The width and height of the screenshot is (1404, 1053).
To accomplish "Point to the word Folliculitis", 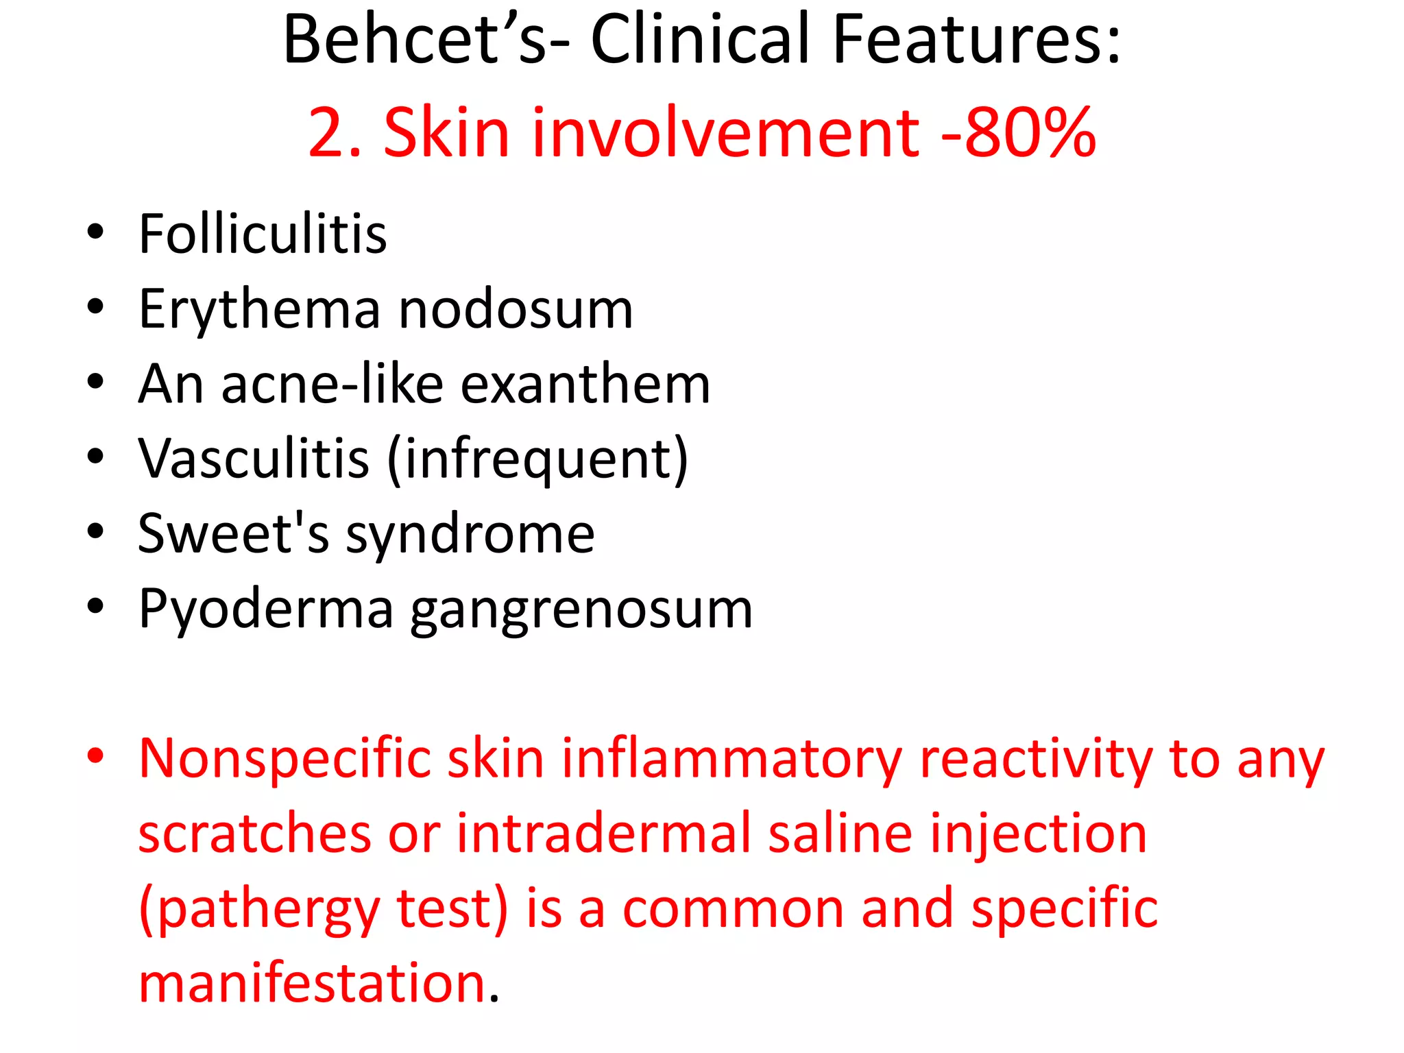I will [x=263, y=234].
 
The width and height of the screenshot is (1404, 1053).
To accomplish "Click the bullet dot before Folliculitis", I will [x=95, y=231].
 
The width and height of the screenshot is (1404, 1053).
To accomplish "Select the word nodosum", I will [x=516, y=309].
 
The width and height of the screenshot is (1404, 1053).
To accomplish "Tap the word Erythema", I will [x=259, y=309].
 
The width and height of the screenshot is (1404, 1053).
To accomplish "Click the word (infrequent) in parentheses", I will [x=537, y=459].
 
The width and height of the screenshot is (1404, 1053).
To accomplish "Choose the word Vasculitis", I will [x=254, y=459].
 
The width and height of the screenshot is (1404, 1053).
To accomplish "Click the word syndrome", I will [x=470, y=535].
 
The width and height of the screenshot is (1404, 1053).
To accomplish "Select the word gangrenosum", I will [x=581, y=609].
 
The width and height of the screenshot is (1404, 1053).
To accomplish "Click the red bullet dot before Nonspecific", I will [x=95, y=755].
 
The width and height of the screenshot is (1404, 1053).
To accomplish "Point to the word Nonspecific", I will [x=285, y=760].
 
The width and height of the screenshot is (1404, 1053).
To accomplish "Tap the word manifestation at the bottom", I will [x=313, y=983].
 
